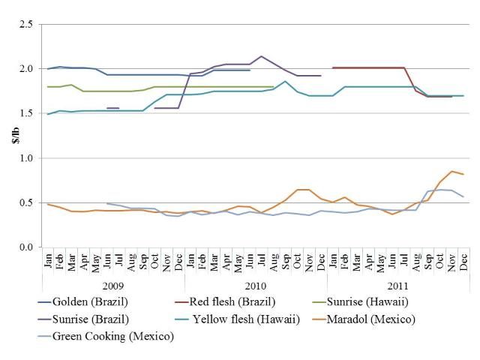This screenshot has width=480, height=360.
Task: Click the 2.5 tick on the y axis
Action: [x=27, y=25]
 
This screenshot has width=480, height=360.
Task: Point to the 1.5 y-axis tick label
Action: [x=27, y=113]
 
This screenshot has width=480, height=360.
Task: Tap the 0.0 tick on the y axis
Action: [x=27, y=247]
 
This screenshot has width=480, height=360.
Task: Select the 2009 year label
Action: [x=112, y=286]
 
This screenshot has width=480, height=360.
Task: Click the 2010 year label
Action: [x=255, y=286]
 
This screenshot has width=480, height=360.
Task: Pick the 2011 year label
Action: [x=397, y=286]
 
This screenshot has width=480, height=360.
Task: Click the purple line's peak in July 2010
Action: [x=261, y=56]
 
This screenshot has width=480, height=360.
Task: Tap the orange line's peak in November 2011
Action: [x=451, y=172]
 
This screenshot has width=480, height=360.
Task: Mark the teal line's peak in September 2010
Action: [x=285, y=81]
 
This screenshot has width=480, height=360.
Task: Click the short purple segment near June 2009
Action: [x=113, y=108]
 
